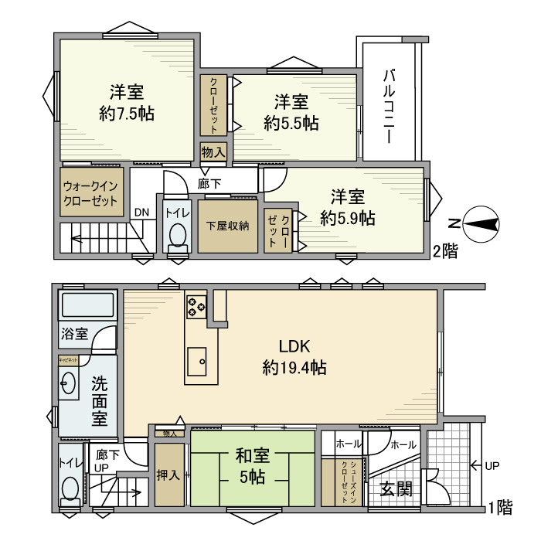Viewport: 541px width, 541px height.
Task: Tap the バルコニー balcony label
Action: coord(390,105)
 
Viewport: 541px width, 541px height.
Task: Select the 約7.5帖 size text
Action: coord(126,114)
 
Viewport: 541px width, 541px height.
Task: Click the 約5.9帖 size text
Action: coord(348,218)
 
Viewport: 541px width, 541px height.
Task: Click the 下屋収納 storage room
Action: coord(227,226)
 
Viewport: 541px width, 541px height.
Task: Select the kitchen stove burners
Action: coord(196,306)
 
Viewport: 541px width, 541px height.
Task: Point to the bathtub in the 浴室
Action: coord(87,308)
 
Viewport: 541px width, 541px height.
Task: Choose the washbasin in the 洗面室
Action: coord(67,384)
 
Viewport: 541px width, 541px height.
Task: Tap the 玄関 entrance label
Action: coord(395,489)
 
